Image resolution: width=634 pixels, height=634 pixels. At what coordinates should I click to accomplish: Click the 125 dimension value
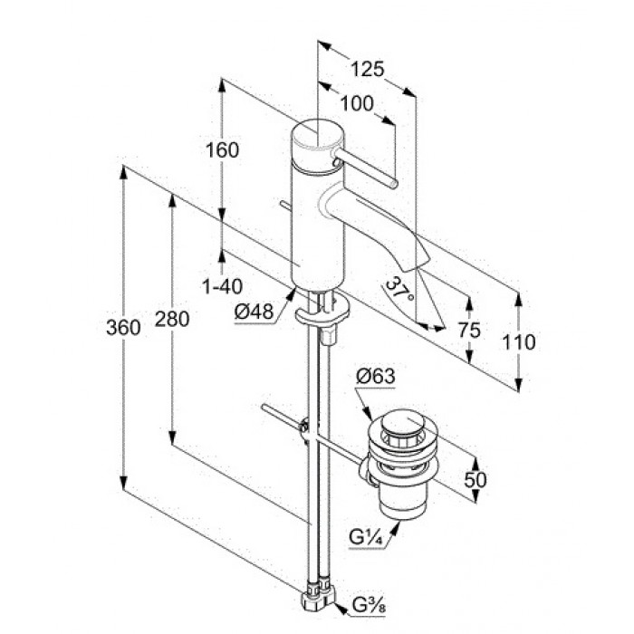[367, 69]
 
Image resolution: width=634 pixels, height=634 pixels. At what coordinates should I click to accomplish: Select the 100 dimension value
[358, 104]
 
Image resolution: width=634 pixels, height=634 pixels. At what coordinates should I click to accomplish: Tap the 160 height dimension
[223, 150]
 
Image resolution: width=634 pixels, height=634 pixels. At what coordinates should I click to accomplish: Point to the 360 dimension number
[123, 327]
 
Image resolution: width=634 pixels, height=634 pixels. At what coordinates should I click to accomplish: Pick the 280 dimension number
[172, 320]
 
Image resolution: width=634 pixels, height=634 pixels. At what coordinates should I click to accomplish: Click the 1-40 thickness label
[223, 287]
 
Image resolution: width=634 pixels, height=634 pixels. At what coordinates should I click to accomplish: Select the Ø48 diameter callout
[254, 312]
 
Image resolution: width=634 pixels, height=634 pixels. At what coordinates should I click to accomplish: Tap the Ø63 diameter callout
[375, 377]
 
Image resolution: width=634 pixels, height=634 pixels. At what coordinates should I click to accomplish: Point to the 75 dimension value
[469, 331]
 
